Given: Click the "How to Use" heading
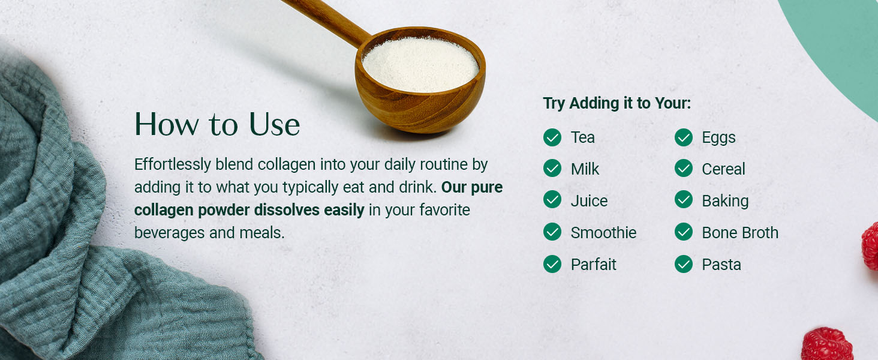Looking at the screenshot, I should click(x=217, y=124).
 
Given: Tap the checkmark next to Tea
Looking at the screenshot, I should click(x=552, y=137).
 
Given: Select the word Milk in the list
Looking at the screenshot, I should click(x=585, y=169).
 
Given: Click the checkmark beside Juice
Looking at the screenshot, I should click(x=552, y=200).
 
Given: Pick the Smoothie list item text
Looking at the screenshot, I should click(x=603, y=233).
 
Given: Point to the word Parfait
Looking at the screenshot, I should click(x=593, y=265).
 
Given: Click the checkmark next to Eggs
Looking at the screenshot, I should click(x=684, y=137).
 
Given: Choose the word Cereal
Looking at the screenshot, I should click(x=723, y=169).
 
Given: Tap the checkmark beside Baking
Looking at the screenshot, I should click(x=684, y=200).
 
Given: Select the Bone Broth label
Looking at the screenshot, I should click(x=740, y=233).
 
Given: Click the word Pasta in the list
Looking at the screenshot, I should click(x=721, y=265).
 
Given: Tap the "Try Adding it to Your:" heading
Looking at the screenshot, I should click(x=617, y=103).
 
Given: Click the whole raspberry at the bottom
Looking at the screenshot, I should click(x=827, y=344).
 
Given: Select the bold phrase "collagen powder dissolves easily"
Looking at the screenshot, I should click(x=249, y=211).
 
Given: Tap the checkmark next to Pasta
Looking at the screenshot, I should click(x=684, y=264).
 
